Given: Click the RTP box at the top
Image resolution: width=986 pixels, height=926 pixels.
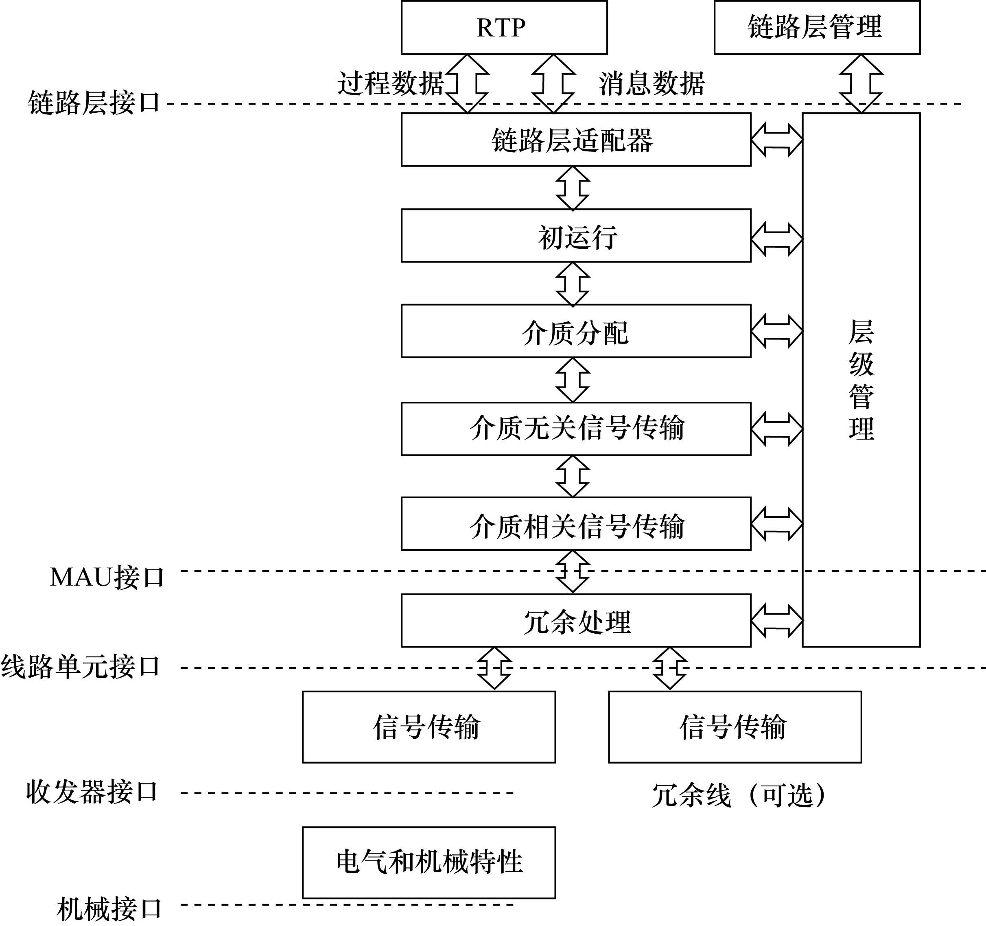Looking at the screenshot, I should [504, 27].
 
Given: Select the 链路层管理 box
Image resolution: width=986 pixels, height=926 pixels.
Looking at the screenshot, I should [816, 27].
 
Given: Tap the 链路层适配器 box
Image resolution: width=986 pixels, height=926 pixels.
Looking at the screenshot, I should [575, 140].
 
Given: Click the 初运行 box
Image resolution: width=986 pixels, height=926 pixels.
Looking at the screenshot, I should [575, 236].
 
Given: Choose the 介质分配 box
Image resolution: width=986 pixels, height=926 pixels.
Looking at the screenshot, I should [575, 331].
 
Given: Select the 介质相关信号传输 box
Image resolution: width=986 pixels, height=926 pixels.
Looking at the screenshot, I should [575, 524].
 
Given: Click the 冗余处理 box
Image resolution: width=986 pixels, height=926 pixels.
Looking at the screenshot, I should [575, 620].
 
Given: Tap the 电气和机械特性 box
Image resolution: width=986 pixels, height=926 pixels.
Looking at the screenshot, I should [429, 863].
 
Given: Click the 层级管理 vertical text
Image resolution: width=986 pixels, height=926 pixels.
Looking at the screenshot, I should [861, 380].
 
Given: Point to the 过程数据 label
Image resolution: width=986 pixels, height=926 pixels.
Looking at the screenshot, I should [391, 83].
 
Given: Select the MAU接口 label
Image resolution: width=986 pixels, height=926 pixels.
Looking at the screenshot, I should [107, 577].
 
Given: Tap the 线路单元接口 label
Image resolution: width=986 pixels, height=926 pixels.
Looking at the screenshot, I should [80, 666].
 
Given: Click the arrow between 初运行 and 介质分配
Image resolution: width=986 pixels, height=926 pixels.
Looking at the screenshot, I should [573, 283].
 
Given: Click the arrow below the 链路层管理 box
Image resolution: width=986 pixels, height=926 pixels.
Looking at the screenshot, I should [861, 83].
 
